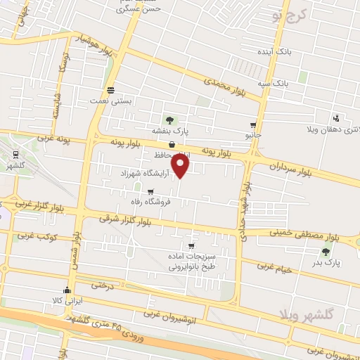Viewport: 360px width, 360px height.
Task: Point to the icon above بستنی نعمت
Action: pyautogui.click(x=110, y=90)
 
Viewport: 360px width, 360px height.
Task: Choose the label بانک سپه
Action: pyautogui.click(x=291, y=83)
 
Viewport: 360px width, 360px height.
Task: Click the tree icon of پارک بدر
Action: pyautogui.click(x=326, y=251)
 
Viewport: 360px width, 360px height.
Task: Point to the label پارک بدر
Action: pyautogui.click(x=327, y=262)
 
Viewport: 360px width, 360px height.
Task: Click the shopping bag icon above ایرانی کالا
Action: pyautogui.click(x=67, y=290)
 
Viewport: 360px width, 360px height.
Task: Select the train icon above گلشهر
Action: pyautogui.click(x=15, y=154)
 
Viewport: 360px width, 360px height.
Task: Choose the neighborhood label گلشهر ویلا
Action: pyautogui.click(x=331, y=312)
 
